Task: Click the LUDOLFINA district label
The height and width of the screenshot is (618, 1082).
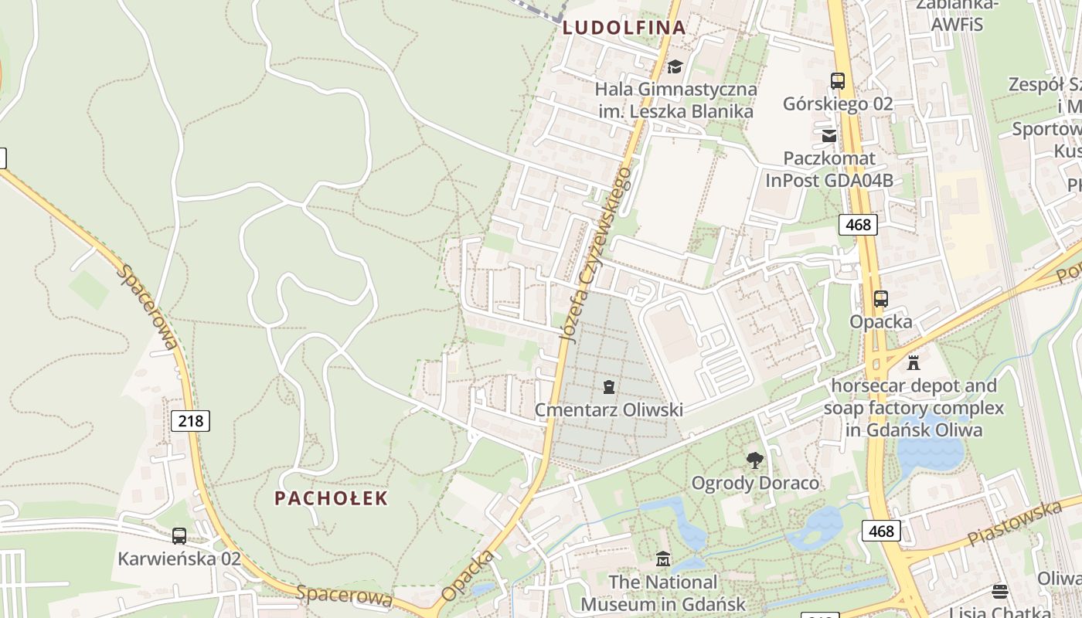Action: [624, 28]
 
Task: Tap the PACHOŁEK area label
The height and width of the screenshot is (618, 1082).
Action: [331, 498]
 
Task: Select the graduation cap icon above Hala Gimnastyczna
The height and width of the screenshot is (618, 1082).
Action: [675, 66]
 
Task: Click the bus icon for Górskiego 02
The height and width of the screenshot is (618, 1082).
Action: [838, 80]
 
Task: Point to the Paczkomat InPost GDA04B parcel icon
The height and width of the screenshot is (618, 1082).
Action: [829, 136]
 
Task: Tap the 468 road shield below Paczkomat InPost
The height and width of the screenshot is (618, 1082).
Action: [858, 225]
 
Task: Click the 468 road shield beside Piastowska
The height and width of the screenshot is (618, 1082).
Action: [881, 531]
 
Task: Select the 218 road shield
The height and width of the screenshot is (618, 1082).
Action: [190, 421]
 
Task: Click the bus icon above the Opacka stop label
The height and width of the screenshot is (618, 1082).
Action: [881, 299]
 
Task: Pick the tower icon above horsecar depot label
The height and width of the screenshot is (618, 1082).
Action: [914, 362]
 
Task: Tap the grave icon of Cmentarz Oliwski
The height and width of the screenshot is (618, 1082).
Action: [609, 386]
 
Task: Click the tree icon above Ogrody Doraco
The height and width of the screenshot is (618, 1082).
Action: [755, 461]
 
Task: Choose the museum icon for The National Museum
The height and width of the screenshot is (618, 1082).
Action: [663, 559]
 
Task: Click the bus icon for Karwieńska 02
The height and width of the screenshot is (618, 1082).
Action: [179, 535]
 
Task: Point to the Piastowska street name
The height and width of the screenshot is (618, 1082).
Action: [1015, 523]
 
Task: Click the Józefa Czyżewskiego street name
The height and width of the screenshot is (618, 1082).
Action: [596, 255]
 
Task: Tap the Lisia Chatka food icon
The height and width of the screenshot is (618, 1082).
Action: [1000, 592]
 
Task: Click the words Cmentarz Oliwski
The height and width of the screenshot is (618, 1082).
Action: [610, 409]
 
